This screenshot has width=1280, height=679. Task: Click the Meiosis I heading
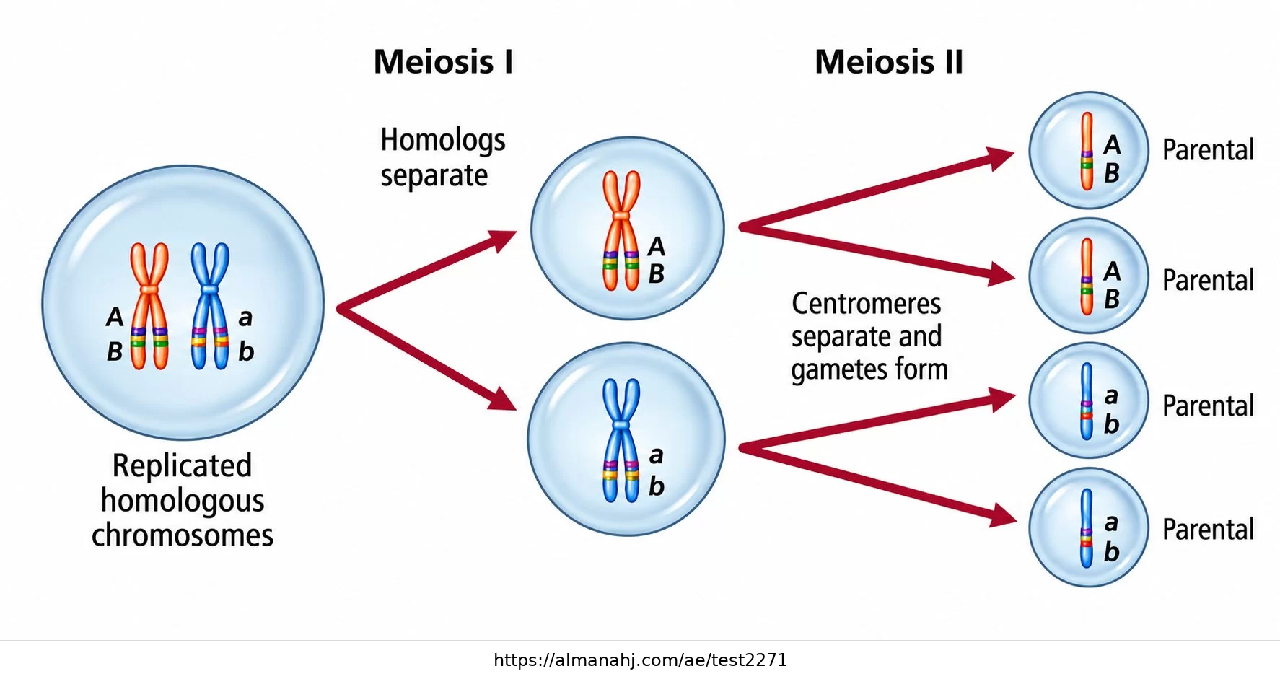443,62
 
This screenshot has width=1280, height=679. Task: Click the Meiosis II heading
889,62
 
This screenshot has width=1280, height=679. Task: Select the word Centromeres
866,304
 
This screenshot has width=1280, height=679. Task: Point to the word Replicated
182,466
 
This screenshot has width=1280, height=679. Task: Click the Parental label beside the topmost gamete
1208,150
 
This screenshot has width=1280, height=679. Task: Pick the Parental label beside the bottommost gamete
1208,530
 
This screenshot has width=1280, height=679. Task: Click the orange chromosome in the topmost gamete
1087,151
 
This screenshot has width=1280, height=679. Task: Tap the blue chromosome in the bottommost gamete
1087,528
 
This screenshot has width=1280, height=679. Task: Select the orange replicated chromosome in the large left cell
149,306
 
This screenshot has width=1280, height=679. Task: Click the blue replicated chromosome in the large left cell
210,306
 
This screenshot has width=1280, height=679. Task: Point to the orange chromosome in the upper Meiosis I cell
621,230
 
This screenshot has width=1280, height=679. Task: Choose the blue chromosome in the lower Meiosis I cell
621,440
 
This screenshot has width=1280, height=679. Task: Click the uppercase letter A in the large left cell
115,317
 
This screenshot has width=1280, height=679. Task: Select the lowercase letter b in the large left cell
246,351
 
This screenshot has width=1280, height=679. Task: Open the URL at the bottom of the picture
640,660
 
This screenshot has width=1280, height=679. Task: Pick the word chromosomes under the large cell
183,535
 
